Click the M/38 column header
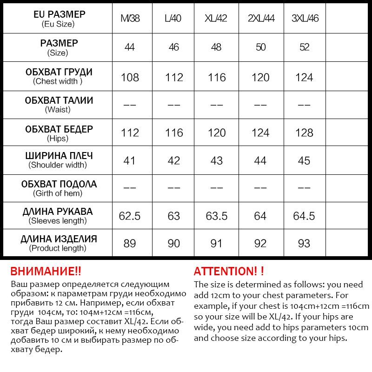click(x=130, y=19)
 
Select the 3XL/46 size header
click(x=305, y=19)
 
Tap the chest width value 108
click(x=130, y=77)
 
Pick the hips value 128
click(x=304, y=133)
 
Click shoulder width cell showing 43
click(x=217, y=160)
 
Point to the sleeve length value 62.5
click(x=130, y=216)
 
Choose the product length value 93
click(x=304, y=243)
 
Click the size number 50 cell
click(x=260, y=47)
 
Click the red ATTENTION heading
click(x=228, y=272)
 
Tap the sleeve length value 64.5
click(x=304, y=216)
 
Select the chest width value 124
click(x=304, y=77)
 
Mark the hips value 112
click(x=130, y=133)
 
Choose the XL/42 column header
click(x=217, y=19)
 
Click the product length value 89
click(x=130, y=243)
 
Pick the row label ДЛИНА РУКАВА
click(x=58, y=212)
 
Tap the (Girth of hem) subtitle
click(x=58, y=193)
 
